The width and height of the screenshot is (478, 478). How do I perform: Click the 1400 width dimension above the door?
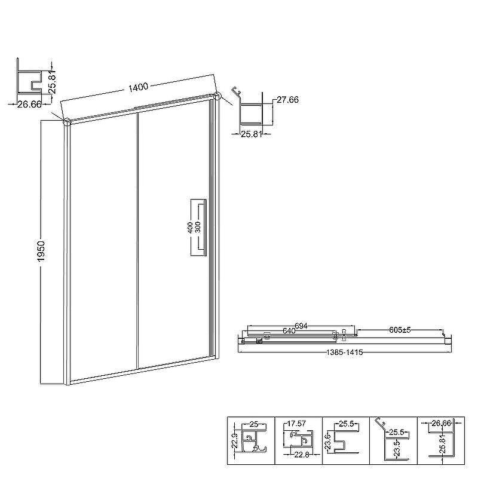138,87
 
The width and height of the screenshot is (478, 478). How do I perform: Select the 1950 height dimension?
41,251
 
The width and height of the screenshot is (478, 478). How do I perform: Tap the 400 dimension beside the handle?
190,228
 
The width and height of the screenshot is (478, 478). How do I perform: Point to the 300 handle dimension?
198,228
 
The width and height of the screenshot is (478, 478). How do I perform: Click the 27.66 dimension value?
287,100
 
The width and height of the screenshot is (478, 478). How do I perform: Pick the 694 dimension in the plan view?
301,326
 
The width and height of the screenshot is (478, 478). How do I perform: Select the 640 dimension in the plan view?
289,331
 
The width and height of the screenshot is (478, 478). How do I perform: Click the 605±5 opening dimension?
400,330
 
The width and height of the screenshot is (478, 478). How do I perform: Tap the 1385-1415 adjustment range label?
345,353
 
